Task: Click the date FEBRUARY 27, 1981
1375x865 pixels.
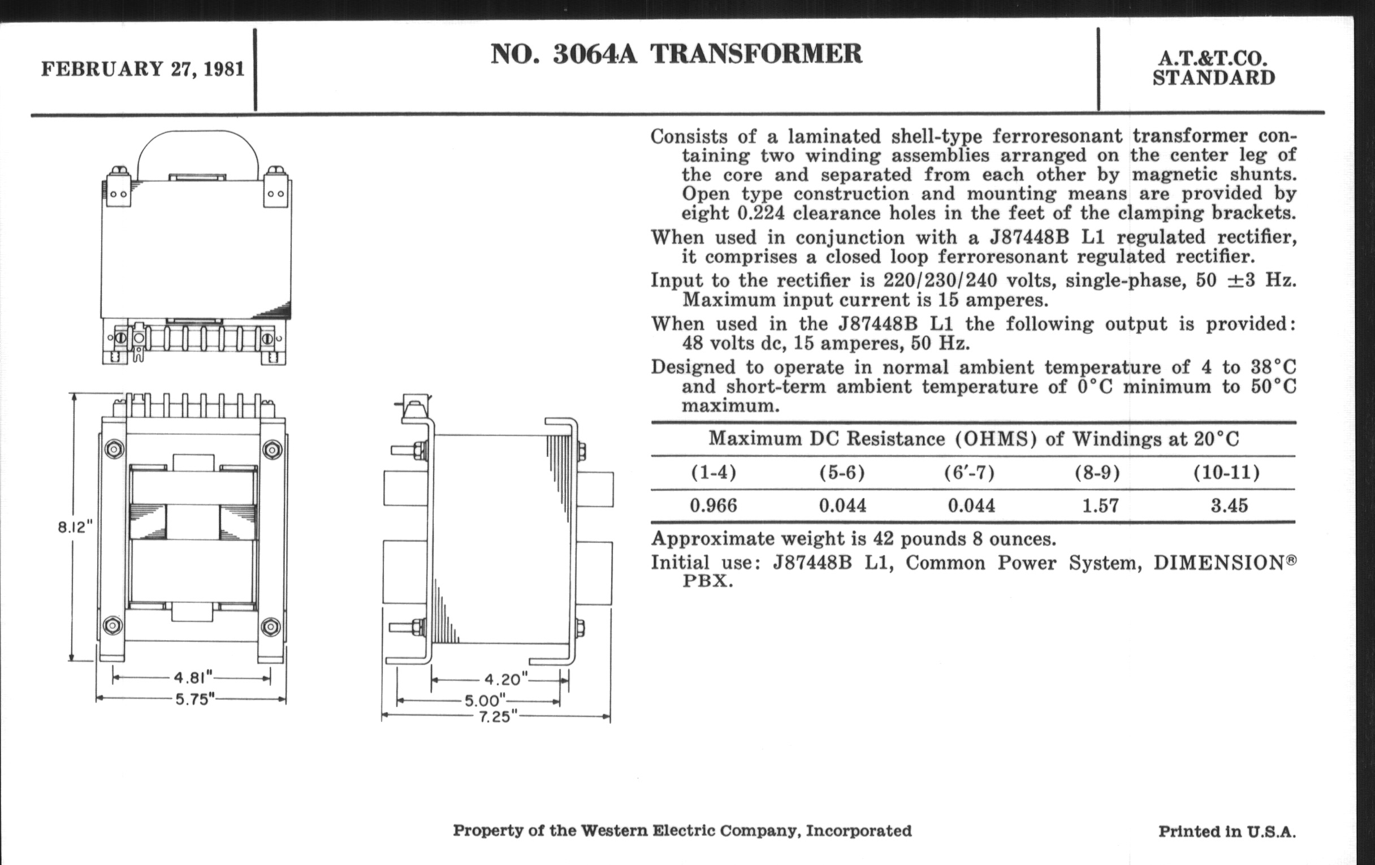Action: [x=142, y=69]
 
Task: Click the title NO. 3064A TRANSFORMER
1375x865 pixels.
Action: [x=676, y=54]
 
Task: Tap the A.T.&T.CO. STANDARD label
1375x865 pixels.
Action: [x=1213, y=68]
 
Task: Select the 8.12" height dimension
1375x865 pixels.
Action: [x=75, y=527]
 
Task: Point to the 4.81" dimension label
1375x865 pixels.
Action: [x=193, y=678]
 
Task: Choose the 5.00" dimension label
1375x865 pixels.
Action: [x=485, y=700]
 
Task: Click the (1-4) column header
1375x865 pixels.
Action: [x=713, y=473]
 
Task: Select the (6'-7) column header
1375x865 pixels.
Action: [x=969, y=473]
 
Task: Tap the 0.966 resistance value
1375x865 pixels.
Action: [x=713, y=505]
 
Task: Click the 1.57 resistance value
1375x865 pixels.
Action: [x=1100, y=505]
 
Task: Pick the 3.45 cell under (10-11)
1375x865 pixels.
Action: [x=1229, y=505]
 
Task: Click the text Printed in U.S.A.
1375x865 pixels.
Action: [x=1226, y=831]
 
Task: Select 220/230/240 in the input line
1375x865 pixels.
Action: [x=940, y=280]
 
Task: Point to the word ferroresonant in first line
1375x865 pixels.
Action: [x=1057, y=136]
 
